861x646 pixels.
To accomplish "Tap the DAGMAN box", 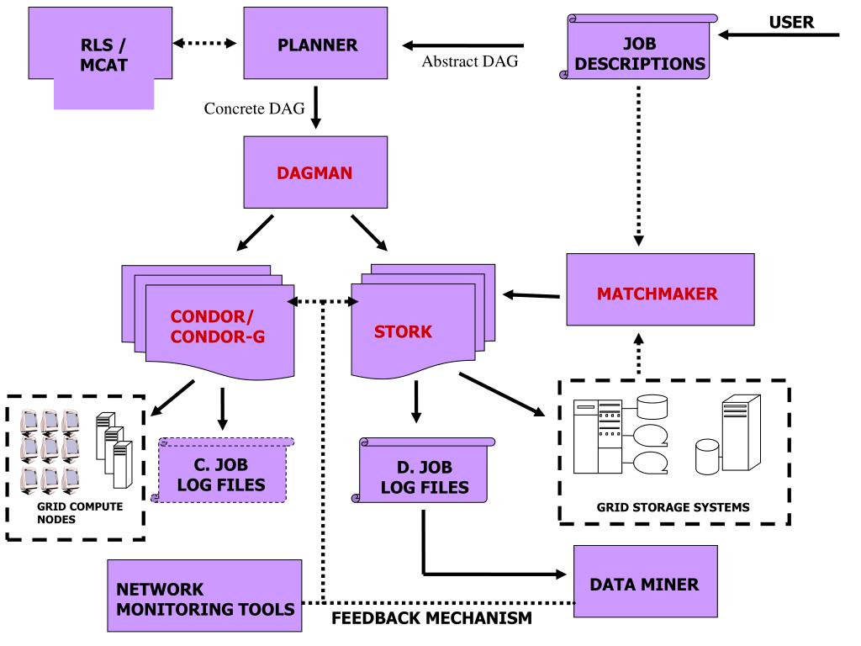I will pyautogui.click(x=315, y=172).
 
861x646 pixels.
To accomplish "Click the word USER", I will pyautogui.click(x=791, y=21).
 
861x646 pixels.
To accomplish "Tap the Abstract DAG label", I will pyautogui.click(x=470, y=61).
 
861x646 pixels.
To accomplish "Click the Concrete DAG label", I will pyautogui.click(x=254, y=109).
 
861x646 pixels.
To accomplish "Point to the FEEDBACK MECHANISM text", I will pyautogui.click(x=431, y=620).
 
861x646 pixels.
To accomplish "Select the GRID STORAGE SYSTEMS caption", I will pyautogui.click(x=673, y=507).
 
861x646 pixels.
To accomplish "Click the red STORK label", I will pyautogui.click(x=403, y=331).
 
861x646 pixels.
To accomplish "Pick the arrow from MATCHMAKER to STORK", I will pyautogui.click(x=531, y=294).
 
